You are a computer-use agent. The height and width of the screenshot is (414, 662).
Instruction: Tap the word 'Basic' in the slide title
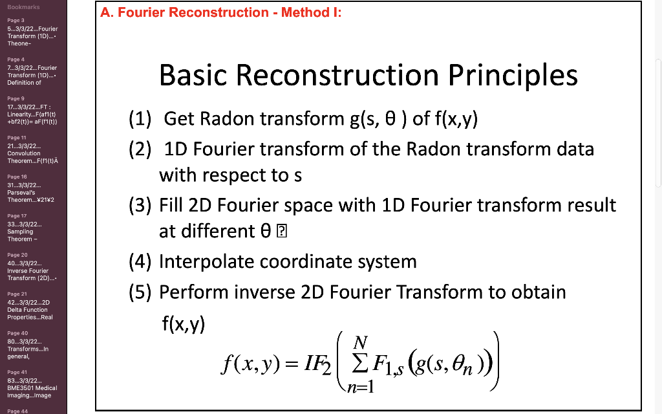[191, 75]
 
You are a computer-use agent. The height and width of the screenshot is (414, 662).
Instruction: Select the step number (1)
[140, 119]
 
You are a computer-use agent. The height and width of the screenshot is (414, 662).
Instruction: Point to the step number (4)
[140, 262]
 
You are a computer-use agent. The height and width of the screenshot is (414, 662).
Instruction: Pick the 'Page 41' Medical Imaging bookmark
[33, 384]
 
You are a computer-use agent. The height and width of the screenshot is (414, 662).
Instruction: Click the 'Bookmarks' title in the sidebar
[24, 6]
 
